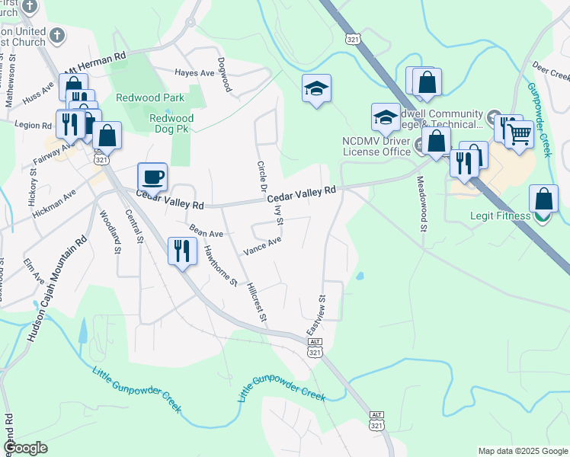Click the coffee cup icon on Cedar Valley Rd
click(x=152, y=177)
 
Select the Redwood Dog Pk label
click(x=171, y=123)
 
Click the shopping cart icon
click(x=520, y=135)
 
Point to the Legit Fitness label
click(x=498, y=216)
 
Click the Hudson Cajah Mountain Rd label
click(x=57, y=289)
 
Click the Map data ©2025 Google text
click(x=522, y=451)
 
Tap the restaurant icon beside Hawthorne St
click(x=181, y=251)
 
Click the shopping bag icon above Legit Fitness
click(x=543, y=200)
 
